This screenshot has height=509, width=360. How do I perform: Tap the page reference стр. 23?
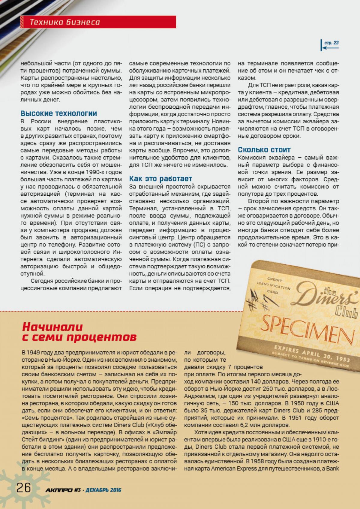331,43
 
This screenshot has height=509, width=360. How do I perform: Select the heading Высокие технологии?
59,113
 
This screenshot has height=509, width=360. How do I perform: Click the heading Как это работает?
160,179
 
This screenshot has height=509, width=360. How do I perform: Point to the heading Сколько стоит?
264,149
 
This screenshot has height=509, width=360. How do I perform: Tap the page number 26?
23,488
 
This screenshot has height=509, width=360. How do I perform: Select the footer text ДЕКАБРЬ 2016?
103,490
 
